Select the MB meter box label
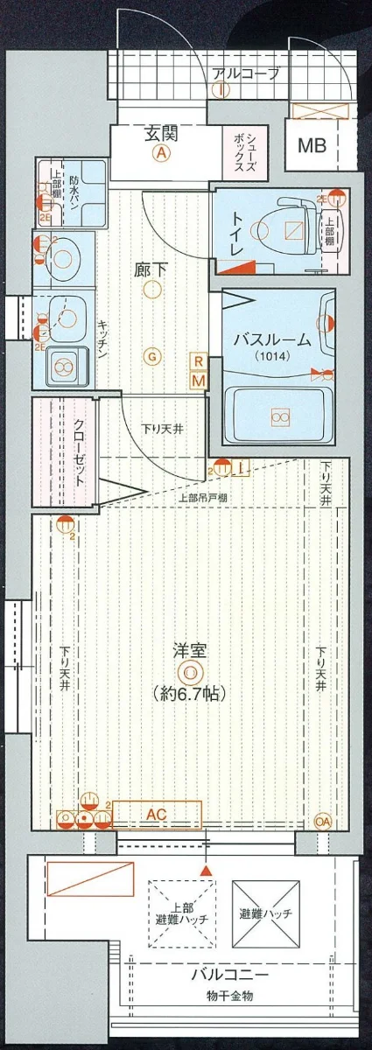tap(312, 146)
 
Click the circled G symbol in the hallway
tap(152, 355)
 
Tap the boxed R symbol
tap(199, 361)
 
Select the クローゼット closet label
tap(76, 452)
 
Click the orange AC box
tap(157, 814)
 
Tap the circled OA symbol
tap(323, 822)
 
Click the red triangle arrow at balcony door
tap(206, 871)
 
